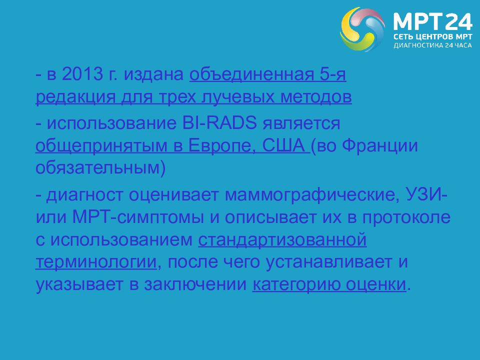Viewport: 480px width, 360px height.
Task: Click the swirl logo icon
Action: tap(362, 29)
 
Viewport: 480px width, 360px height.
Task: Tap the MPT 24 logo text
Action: tap(432, 22)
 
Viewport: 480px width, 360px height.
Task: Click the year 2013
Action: tap(82, 74)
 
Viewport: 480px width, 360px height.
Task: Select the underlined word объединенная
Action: tap(251, 74)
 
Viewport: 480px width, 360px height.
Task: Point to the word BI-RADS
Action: tap(219, 123)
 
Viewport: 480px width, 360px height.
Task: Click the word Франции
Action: tap(379, 145)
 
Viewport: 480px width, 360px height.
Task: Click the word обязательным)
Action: tap(100, 168)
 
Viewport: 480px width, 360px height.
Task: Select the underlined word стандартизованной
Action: tap(282, 240)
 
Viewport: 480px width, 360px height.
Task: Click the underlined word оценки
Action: tap(376, 284)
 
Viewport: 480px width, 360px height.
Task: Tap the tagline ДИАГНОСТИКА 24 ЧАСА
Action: tap(432, 45)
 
